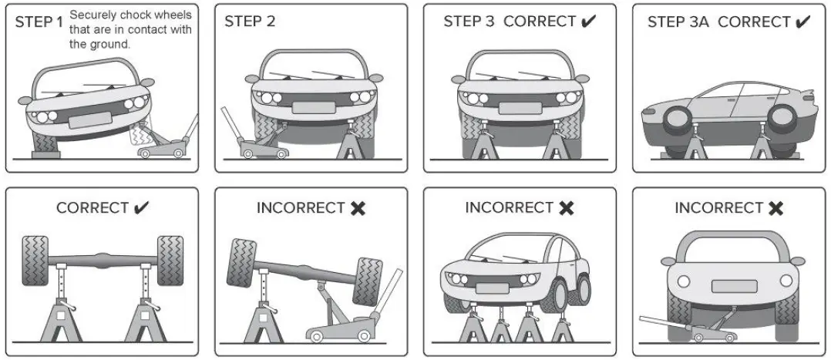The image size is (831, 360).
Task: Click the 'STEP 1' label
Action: click(39, 22)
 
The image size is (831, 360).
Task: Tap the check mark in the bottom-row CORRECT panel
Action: click(141, 208)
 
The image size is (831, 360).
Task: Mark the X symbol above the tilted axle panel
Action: click(357, 208)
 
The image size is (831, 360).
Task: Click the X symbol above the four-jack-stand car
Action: click(566, 208)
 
